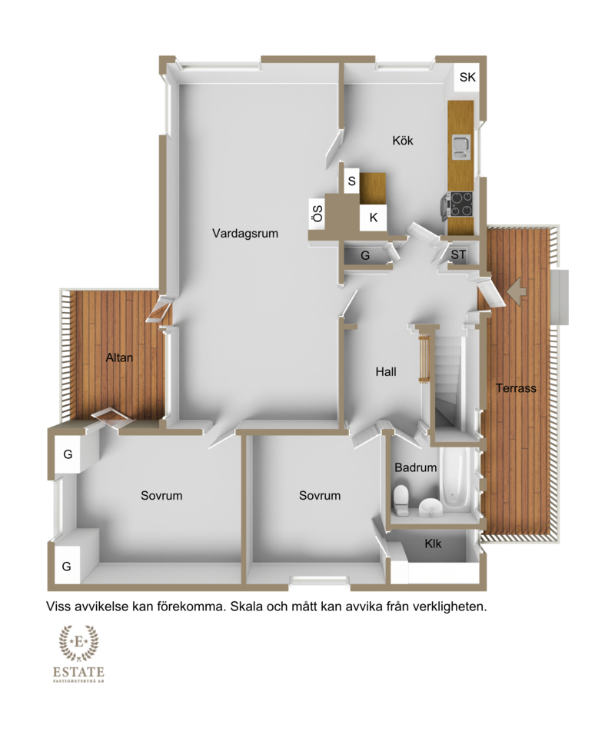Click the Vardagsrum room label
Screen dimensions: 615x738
point(244,234)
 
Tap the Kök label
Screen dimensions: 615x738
point(403,140)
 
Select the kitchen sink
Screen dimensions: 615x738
point(460,147)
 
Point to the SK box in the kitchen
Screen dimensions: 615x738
point(467,77)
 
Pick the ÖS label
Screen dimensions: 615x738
point(317,214)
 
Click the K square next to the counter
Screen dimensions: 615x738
point(374,218)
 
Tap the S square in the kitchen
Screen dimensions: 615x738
point(351,181)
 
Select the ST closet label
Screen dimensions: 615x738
point(458,254)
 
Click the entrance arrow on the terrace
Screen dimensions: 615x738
point(516,292)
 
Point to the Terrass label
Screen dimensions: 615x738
point(516,388)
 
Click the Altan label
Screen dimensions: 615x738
point(119,357)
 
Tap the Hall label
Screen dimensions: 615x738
point(386,372)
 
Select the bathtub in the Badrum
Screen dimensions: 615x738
point(454,478)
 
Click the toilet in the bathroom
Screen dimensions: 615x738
point(401,500)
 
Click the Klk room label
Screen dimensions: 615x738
point(433,544)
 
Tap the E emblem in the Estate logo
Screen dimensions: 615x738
point(79,642)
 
